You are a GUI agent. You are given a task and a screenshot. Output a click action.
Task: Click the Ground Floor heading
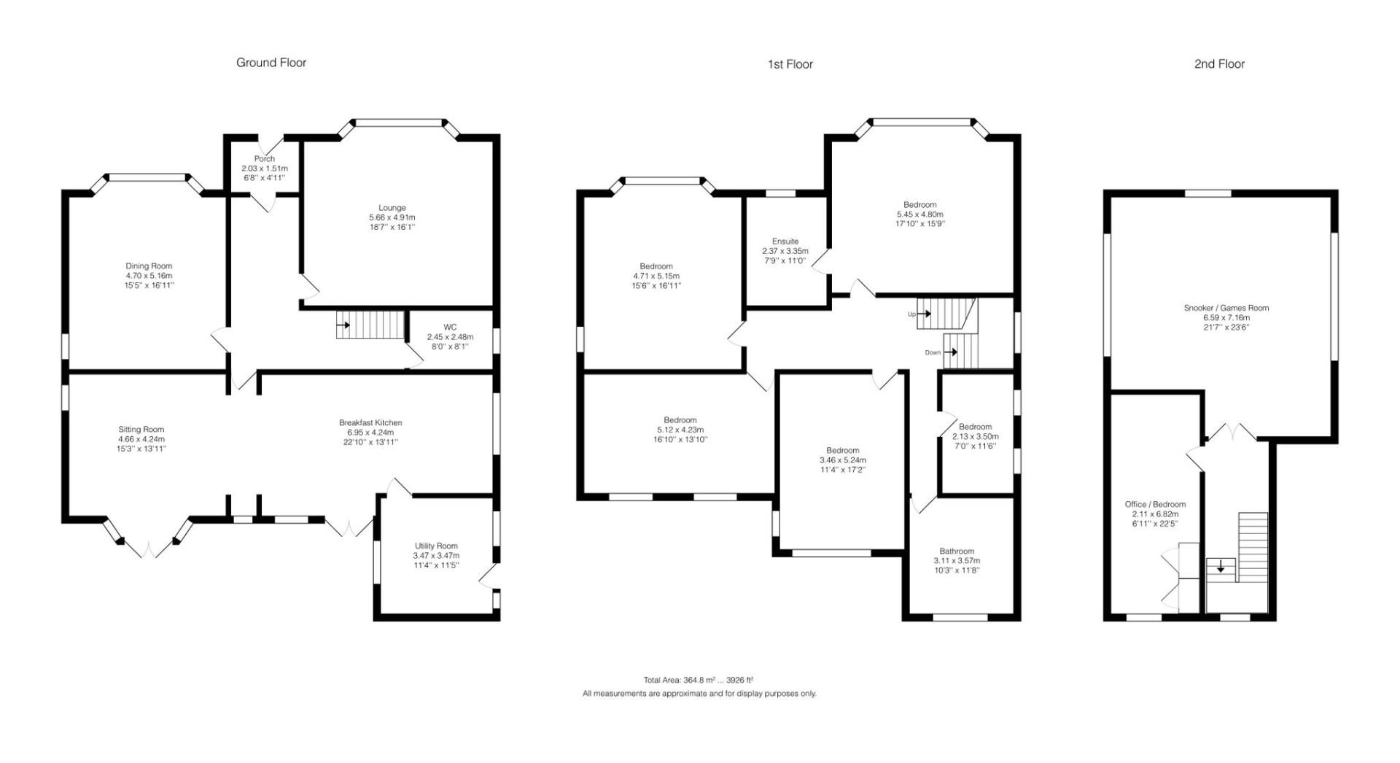271,63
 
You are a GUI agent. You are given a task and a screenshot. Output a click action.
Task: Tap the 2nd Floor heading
1219,64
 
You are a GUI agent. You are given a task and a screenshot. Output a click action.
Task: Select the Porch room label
265,158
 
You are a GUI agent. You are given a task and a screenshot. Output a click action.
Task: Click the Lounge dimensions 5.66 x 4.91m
392,217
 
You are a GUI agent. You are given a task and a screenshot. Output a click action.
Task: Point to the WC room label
450,327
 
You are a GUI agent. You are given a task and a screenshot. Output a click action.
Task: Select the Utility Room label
436,546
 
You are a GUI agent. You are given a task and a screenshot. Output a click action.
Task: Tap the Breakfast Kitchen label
370,422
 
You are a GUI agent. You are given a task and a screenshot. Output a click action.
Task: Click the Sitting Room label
141,430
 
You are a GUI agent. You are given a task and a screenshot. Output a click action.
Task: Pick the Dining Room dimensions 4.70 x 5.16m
149,276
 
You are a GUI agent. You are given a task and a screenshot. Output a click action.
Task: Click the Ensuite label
785,241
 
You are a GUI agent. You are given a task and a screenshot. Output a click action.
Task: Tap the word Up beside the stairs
911,314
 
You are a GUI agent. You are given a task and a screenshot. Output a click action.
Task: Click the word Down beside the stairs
933,352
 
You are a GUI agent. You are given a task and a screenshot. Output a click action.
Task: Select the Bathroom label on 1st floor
957,551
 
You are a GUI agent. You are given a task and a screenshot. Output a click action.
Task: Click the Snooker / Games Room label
1226,308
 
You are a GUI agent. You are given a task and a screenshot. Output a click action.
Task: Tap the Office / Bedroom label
1155,504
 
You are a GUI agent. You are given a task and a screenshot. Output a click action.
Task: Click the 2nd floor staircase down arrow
1221,567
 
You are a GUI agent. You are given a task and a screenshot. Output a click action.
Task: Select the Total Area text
698,680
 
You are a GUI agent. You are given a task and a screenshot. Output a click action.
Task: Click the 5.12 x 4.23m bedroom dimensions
680,430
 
